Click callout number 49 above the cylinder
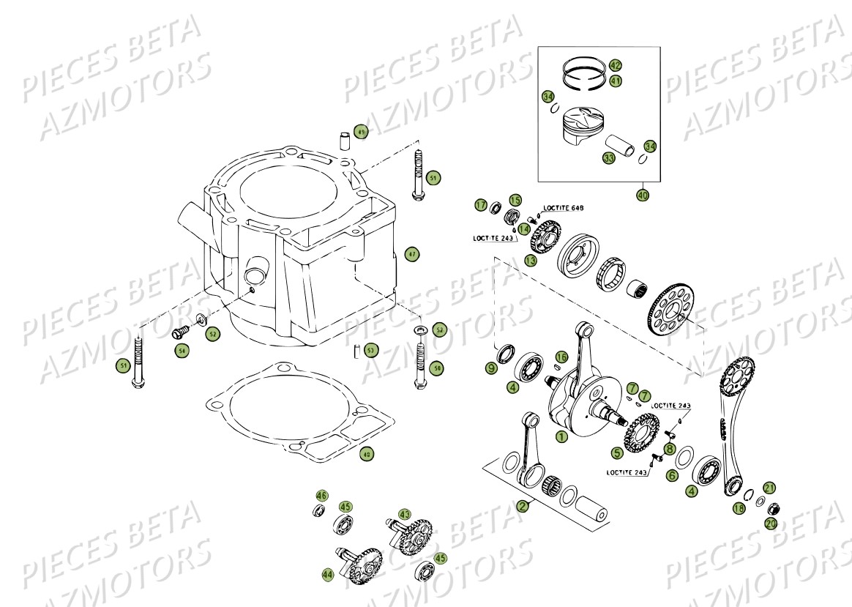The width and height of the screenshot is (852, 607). pos(360,132)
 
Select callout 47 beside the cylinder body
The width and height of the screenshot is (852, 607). pos(412,254)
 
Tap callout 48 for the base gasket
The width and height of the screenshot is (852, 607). pos(367,455)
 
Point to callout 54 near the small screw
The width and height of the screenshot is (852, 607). pos(182,351)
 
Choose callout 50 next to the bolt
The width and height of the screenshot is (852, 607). pos(437,368)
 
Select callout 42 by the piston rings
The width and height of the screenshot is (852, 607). pos(615,66)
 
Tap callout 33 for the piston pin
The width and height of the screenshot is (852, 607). pos(609,158)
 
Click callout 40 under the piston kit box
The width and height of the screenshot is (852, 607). pos(642,196)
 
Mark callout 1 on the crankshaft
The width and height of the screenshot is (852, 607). pos(561,437)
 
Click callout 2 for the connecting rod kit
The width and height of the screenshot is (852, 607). pos(522,506)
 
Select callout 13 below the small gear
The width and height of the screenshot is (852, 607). pos(530,260)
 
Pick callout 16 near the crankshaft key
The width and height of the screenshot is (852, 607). pos(561,357)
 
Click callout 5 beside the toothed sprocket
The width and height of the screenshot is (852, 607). pos(617,453)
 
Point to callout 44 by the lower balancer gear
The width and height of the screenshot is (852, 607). pos(327,576)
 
